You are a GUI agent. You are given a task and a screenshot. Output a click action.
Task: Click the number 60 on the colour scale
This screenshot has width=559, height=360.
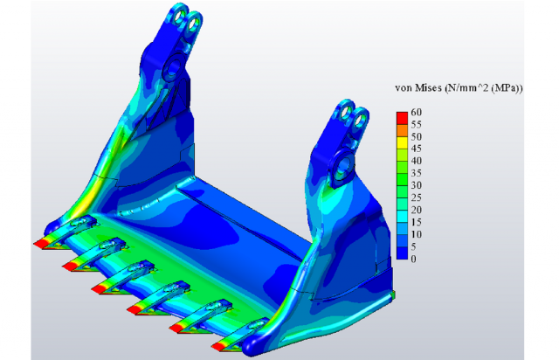click(416, 112)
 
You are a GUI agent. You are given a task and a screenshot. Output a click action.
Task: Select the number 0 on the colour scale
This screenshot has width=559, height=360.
click(413, 259)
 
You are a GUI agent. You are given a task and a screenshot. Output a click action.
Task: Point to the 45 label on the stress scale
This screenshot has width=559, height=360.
click(416, 149)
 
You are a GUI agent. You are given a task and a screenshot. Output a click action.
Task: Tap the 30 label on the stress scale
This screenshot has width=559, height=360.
click(416, 185)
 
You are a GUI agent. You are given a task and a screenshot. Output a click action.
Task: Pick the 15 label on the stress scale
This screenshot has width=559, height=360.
click(416, 222)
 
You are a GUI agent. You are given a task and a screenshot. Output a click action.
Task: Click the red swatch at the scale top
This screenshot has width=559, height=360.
click(402, 118)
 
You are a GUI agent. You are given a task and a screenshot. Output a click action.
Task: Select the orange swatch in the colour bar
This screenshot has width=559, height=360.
click(402, 130)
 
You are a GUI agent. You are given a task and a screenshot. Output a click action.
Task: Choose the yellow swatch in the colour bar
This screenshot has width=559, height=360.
click(402, 142)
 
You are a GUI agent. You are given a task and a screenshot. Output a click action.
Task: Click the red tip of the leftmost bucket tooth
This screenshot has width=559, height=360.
click(41, 244)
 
